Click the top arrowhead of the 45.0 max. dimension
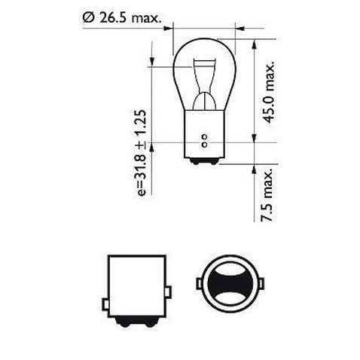coord(256,38)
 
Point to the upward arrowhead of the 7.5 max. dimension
coord(256,166)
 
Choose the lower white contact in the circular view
coord(230,304)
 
